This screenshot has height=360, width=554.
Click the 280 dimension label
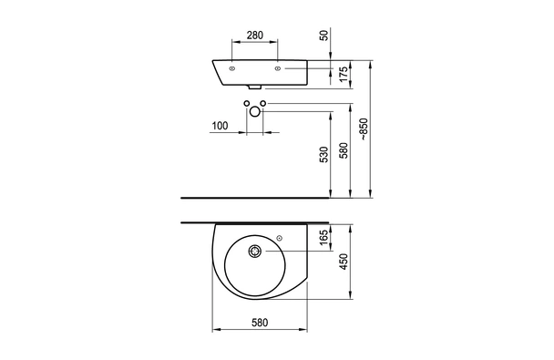pyautogui.click(x=255, y=36)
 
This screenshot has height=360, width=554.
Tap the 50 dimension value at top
pyautogui.click(x=324, y=36)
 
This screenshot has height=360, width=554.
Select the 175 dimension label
pyautogui.click(x=344, y=75)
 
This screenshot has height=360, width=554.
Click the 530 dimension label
pyautogui.click(x=324, y=154)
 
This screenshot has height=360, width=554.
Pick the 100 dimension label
pyautogui.click(x=221, y=126)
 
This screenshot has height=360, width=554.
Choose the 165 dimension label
pyautogui.click(x=324, y=235)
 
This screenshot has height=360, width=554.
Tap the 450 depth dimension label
pyautogui.click(x=344, y=262)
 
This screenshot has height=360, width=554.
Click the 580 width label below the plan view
pyautogui.click(x=260, y=323)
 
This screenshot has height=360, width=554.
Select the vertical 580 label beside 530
pyautogui.click(x=344, y=150)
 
